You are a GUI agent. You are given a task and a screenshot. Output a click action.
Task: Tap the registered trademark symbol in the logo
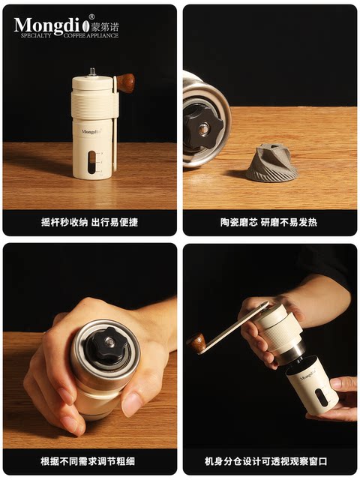(91, 16)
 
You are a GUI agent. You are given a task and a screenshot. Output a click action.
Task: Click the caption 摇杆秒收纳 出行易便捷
(89, 222)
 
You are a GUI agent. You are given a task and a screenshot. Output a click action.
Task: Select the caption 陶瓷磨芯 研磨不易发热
(269, 222)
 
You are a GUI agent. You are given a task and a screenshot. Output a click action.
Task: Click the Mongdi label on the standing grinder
(91, 131)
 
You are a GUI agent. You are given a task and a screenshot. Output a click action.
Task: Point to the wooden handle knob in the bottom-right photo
(197, 343)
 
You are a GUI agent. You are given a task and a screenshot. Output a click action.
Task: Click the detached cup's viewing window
(322, 397)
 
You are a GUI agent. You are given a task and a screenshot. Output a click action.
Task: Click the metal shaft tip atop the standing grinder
(92, 72)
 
